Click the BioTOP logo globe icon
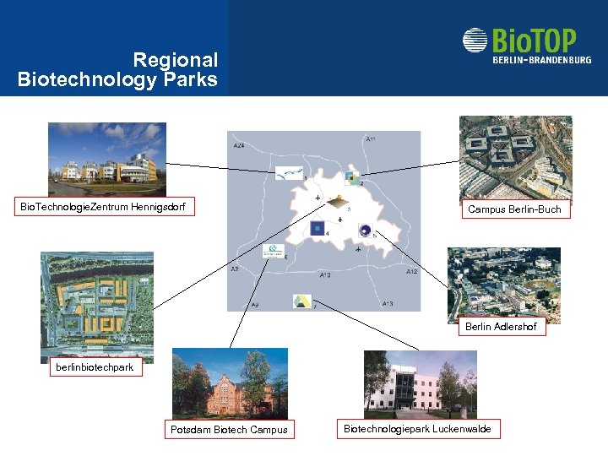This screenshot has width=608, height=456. [x=475, y=41]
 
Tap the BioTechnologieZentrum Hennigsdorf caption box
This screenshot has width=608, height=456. [x=103, y=206]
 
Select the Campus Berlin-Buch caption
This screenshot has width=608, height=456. [x=514, y=209]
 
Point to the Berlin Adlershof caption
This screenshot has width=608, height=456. [x=501, y=327]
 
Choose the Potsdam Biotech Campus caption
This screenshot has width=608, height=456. [x=229, y=430]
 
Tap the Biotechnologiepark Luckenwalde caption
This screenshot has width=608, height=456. [x=417, y=429]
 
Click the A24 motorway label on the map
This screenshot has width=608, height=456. [x=240, y=146]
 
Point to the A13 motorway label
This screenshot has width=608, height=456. [x=387, y=303]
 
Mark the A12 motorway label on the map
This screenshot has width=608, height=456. [x=411, y=272]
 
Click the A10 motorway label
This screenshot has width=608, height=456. [x=325, y=275]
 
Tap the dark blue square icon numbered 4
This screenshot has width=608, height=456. [x=318, y=228]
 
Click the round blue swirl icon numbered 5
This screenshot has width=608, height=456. [x=365, y=230]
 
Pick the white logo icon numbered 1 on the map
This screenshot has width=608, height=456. [x=288, y=173]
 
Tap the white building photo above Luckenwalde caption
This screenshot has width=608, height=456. [x=420, y=384]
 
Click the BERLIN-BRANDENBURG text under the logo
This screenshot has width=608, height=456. [x=542, y=59]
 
